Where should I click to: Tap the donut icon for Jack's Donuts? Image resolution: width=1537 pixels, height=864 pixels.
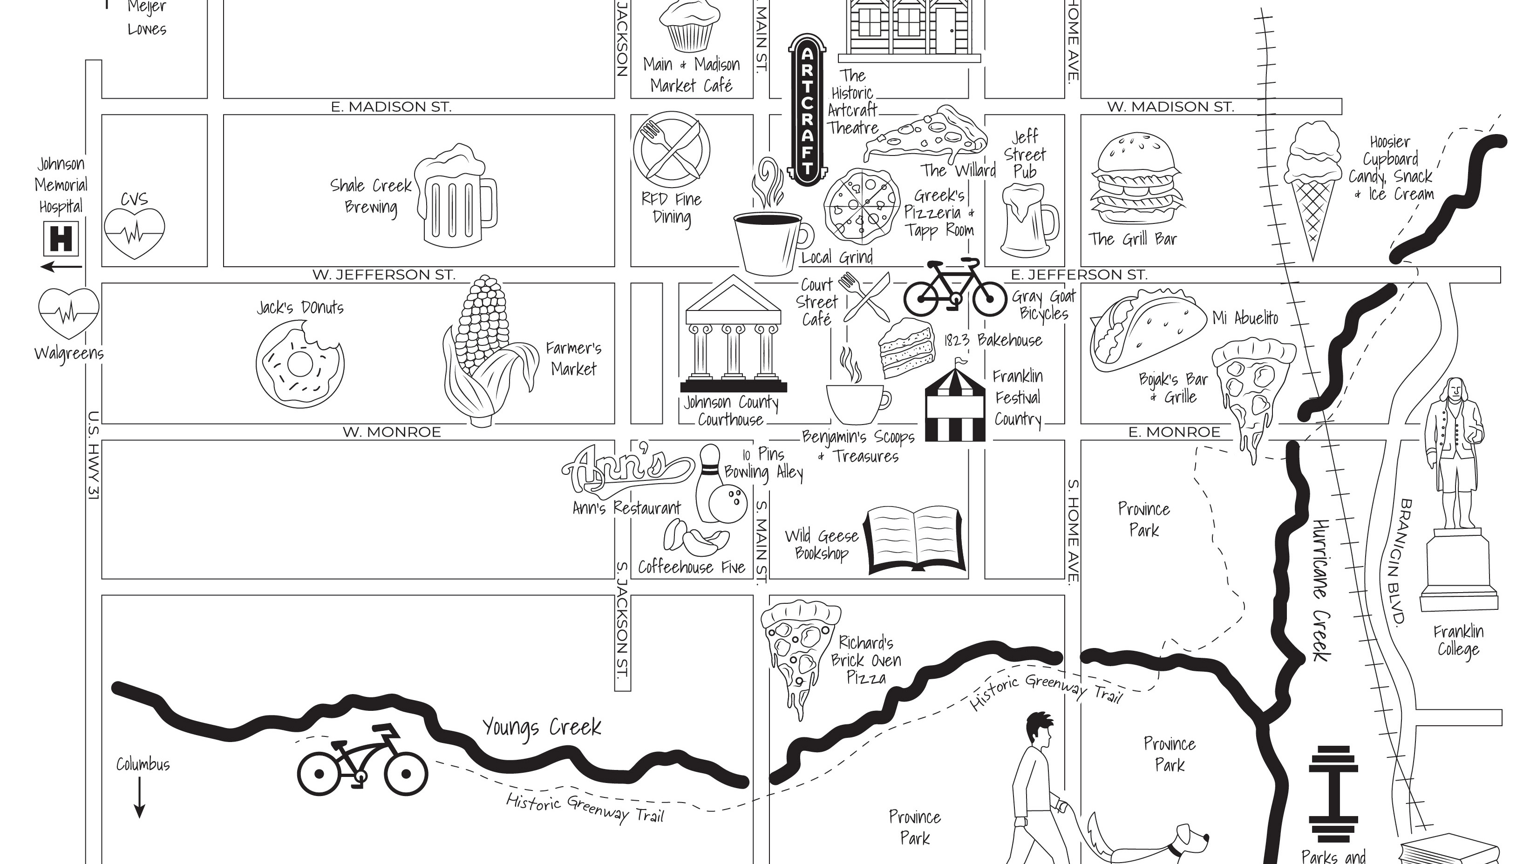[x=299, y=364]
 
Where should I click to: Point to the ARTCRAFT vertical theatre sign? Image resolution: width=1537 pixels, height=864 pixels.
[x=807, y=110]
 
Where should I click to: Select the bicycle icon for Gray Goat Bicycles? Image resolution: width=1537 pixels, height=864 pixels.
[x=955, y=289]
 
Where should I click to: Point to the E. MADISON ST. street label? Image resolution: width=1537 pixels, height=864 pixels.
[x=391, y=107]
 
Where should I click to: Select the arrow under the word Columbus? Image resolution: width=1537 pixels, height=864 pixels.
[x=140, y=796]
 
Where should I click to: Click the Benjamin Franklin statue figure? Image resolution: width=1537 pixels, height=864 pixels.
[x=1455, y=453]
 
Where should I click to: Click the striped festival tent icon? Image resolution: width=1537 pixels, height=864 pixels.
[x=955, y=405]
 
